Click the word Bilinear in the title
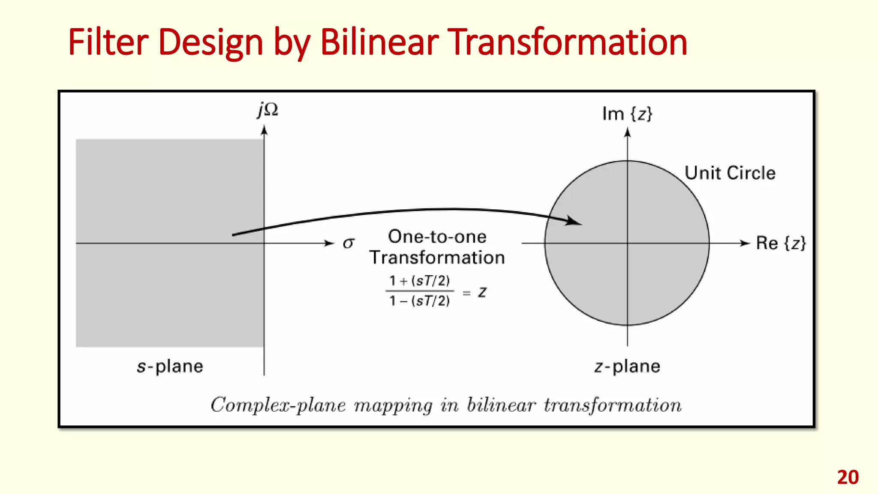click(x=379, y=42)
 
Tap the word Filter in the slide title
click(x=108, y=42)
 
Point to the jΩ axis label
click(x=268, y=110)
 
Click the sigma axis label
click(x=348, y=243)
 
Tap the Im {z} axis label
click(x=627, y=114)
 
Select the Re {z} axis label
click(x=781, y=243)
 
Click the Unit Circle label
click(x=730, y=173)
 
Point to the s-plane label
click(x=170, y=367)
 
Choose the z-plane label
click(x=627, y=367)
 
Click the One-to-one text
click(x=437, y=237)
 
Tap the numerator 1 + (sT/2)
click(x=419, y=281)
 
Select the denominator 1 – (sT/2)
click(x=419, y=301)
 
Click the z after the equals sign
click(x=482, y=292)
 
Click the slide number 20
click(x=848, y=477)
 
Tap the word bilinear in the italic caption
click(x=501, y=405)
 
